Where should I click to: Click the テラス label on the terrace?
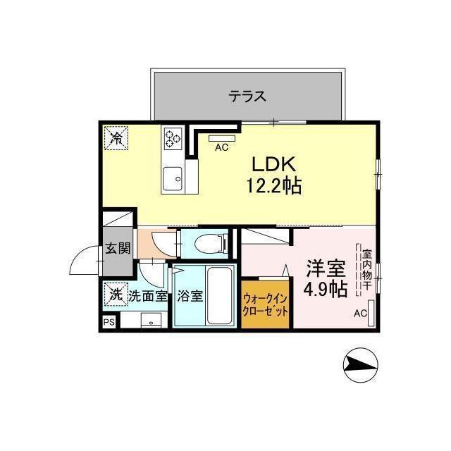pyautogui.click(x=247, y=97)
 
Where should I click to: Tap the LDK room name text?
pyautogui.click(x=274, y=164)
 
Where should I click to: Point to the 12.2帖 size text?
pyautogui.click(x=273, y=186)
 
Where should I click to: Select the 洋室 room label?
pyautogui.click(x=326, y=268)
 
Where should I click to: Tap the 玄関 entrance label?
pyautogui.click(x=118, y=248)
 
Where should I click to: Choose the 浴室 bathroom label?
pyautogui.click(x=190, y=296)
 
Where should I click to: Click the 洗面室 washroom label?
pyautogui.click(x=148, y=296)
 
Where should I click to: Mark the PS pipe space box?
pyautogui.click(x=109, y=322)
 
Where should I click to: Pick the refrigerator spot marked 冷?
pyautogui.click(x=116, y=138)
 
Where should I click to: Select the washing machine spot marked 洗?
pyautogui.click(x=116, y=295)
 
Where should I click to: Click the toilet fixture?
pyautogui.click(x=209, y=245)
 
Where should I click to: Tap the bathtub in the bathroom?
pyautogui.click(x=219, y=295)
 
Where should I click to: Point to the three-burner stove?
pyautogui.click(x=173, y=138)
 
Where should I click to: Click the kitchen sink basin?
pyautogui.click(x=172, y=179)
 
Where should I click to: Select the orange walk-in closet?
pyautogui.click(x=265, y=304)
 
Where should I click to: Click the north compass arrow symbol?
pyautogui.click(x=361, y=365)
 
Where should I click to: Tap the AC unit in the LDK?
pyautogui.click(x=222, y=138)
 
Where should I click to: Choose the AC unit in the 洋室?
pyautogui.click(x=371, y=313)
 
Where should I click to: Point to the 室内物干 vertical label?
pyautogui.click(x=367, y=269)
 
